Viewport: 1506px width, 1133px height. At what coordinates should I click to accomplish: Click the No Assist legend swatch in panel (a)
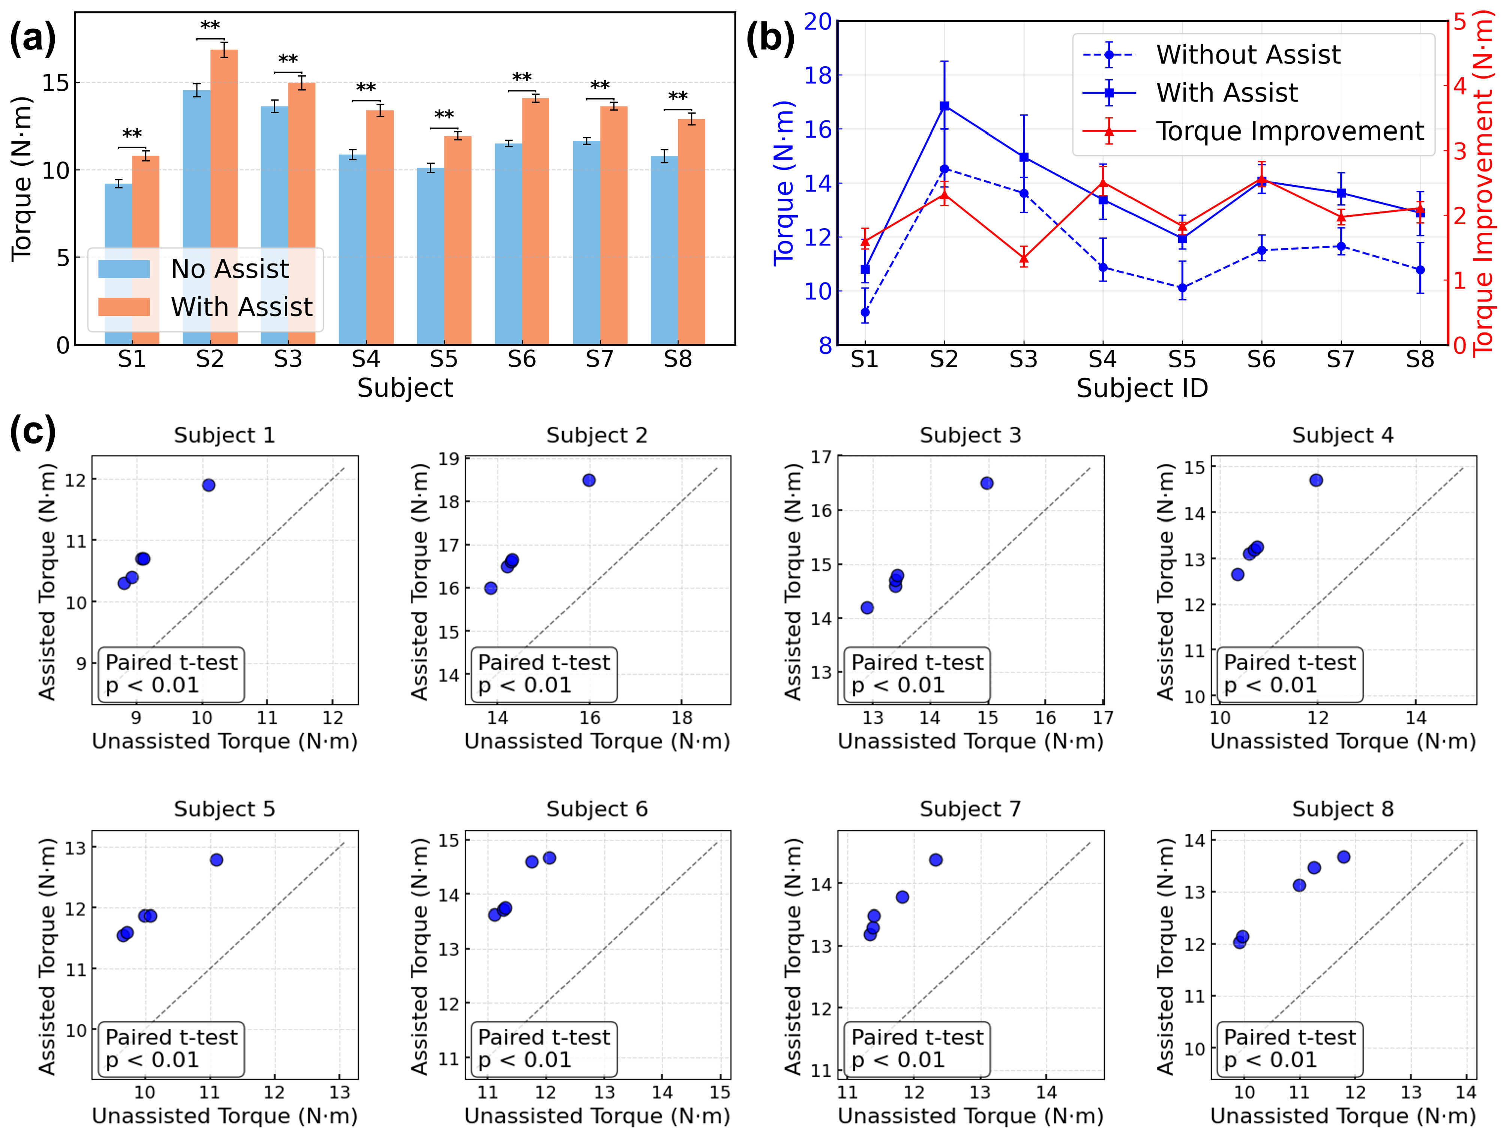tap(124, 269)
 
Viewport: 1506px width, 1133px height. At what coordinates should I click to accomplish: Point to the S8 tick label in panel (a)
tap(677, 359)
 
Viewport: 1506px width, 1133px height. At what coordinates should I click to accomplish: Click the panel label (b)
tap(770, 38)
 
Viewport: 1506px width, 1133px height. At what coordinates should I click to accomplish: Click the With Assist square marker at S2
tap(944, 106)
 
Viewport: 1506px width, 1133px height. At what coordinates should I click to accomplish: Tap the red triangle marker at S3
tap(1023, 258)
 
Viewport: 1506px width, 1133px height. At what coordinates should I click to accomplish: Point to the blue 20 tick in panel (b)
tap(818, 22)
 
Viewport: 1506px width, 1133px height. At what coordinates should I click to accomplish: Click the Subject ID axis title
tap(1142, 388)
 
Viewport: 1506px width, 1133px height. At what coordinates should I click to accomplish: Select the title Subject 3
tap(970, 436)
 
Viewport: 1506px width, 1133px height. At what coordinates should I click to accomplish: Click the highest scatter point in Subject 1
tap(209, 485)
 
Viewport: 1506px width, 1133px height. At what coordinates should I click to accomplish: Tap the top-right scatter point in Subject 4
tap(1316, 480)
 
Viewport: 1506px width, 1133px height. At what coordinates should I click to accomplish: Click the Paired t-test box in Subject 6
tap(544, 1049)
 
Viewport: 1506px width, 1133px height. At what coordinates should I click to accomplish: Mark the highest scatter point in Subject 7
tap(935, 860)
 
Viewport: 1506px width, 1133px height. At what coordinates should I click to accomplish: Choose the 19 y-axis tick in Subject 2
tap(449, 459)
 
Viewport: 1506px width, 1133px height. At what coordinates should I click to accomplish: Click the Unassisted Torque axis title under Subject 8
tap(1342, 1116)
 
